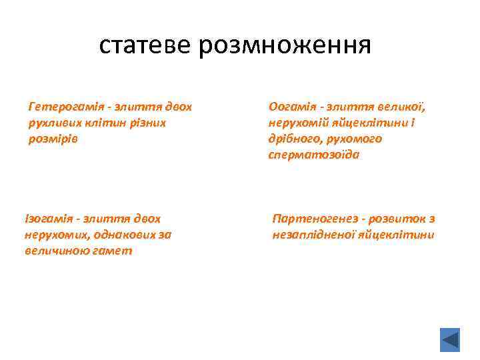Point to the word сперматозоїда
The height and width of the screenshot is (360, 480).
314,155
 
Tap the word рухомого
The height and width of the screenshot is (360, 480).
357,139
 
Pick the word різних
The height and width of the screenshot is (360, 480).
147,123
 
